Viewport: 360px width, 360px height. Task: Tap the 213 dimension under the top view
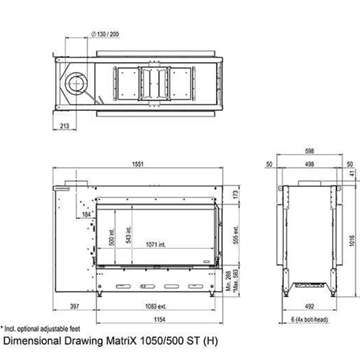(64, 127)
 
